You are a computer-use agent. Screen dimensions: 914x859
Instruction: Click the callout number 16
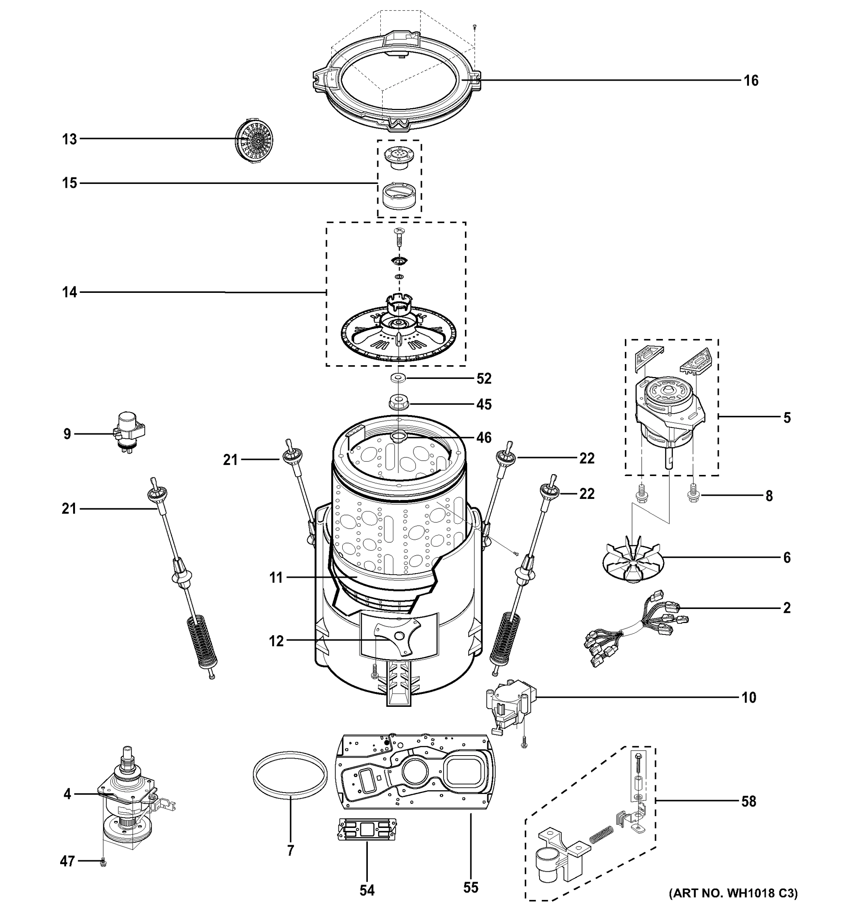tap(751, 81)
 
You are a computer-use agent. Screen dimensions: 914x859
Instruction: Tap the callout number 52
tap(484, 379)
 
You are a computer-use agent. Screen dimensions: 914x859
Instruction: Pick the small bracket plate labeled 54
tap(367, 829)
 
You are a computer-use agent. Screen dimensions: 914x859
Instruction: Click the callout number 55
tap(471, 887)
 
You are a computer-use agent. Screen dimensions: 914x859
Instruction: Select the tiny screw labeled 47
tap(103, 864)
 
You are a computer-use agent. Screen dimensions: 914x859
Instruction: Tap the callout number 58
tap(748, 801)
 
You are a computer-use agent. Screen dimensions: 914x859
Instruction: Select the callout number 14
tap(70, 292)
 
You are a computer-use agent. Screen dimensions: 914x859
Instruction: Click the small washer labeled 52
tap(398, 378)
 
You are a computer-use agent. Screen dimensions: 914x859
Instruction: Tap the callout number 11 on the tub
tap(276, 577)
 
